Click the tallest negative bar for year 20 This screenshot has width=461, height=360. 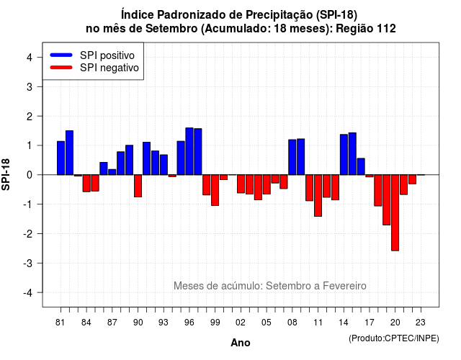tap(395, 213)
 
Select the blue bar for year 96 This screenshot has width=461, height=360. tap(189, 151)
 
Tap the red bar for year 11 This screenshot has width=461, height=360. tap(318, 195)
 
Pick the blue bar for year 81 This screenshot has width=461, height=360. tap(61, 158)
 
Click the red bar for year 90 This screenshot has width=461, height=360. tap(138, 186)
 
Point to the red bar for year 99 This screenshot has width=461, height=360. tap(215, 190)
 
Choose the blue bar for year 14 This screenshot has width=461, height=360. tap(344, 155)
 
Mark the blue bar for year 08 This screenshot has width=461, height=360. tap(292, 157)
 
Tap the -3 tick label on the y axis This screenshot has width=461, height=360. tap(28, 263)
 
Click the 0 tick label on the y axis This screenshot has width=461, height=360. tap(30, 175)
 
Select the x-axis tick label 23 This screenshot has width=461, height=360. tap(421, 323)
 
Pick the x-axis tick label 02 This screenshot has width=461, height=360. tap(241, 323)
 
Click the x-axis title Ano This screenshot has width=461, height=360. tap(241, 343)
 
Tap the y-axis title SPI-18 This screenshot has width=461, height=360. tap(6, 174)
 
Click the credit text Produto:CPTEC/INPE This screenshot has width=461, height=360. tap(394, 338)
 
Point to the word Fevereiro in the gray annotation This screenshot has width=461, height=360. tap(344, 286)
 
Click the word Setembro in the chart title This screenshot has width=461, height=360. tap(171, 29)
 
